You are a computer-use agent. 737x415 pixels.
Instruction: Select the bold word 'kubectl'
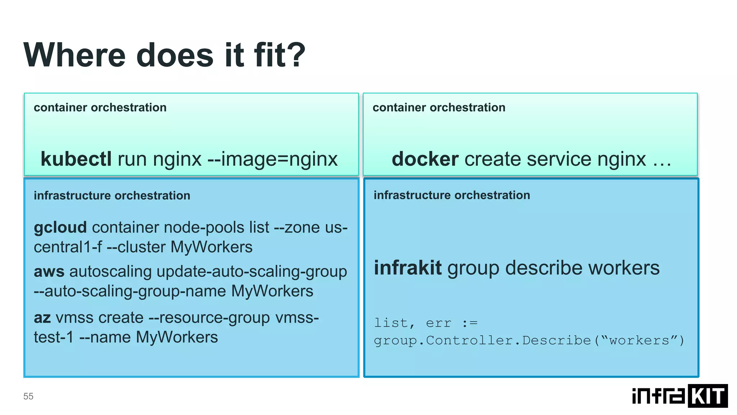coord(76,159)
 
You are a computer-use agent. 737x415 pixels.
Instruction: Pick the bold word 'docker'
coord(425,159)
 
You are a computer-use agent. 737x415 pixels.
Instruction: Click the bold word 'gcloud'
coord(60,228)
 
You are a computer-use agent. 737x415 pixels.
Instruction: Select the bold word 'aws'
coord(49,272)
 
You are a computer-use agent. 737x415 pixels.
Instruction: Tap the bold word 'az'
coord(42,318)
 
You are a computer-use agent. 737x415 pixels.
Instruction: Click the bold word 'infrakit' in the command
coord(408,268)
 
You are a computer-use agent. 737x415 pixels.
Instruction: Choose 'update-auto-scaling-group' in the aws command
coord(252,272)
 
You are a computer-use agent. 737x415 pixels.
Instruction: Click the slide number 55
coord(28,396)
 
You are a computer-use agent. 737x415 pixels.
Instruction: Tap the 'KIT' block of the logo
coord(707,396)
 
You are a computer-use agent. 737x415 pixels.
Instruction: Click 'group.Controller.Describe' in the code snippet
coord(482,340)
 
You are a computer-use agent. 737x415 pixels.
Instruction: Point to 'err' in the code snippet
coord(439,323)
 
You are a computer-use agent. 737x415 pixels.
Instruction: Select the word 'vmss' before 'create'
coord(74,318)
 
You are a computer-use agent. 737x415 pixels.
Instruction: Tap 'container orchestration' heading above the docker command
coord(439,107)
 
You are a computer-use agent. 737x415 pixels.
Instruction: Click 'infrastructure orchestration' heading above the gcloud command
coord(112,196)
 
